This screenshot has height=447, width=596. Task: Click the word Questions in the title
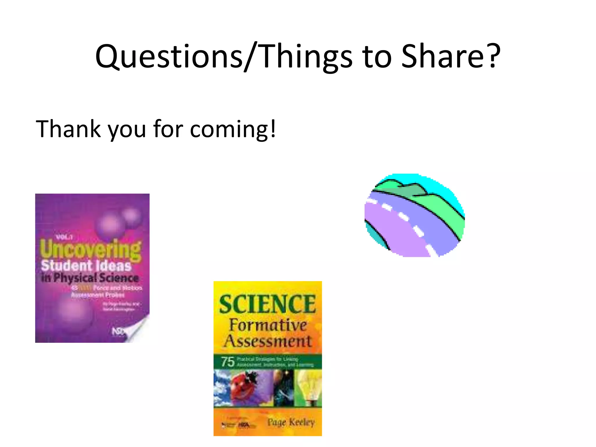(x=169, y=57)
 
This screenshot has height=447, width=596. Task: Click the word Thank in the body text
(x=68, y=129)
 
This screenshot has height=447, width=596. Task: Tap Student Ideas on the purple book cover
(x=86, y=266)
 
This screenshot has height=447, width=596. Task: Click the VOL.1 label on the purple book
(x=64, y=237)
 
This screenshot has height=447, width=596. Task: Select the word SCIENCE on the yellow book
(x=267, y=304)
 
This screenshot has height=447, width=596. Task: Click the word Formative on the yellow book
(x=268, y=325)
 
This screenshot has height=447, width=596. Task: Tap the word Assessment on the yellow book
(x=268, y=341)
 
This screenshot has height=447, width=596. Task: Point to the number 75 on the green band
(x=228, y=362)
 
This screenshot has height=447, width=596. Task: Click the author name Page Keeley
(x=291, y=422)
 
